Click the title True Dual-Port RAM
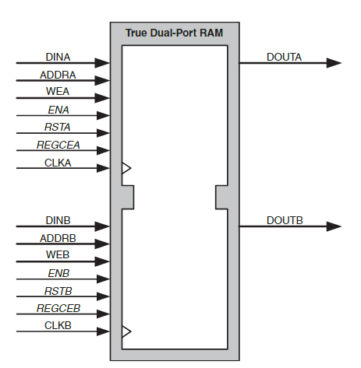click(x=174, y=33)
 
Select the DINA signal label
click(x=58, y=57)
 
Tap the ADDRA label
click(x=58, y=75)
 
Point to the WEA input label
click(x=58, y=91)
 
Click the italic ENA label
click(x=58, y=110)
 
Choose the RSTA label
click(x=58, y=127)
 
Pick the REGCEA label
click(x=58, y=145)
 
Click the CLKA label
click(x=58, y=163)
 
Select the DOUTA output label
click(x=284, y=57)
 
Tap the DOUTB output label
click(x=285, y=220)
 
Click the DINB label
click(x=58, y=220)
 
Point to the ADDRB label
click(x=58, y=238)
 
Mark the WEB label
click(x=58, y=254)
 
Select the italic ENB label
click(x=58, y=273)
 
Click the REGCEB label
click(x=58, y=308)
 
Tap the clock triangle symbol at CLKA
click(x=126, y=168)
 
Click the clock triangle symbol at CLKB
click(x=126, y=331)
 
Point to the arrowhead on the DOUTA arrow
click(x=334, y=63)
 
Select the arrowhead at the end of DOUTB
click(x=334, y=226)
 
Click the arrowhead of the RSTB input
click(x=103, y=296)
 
